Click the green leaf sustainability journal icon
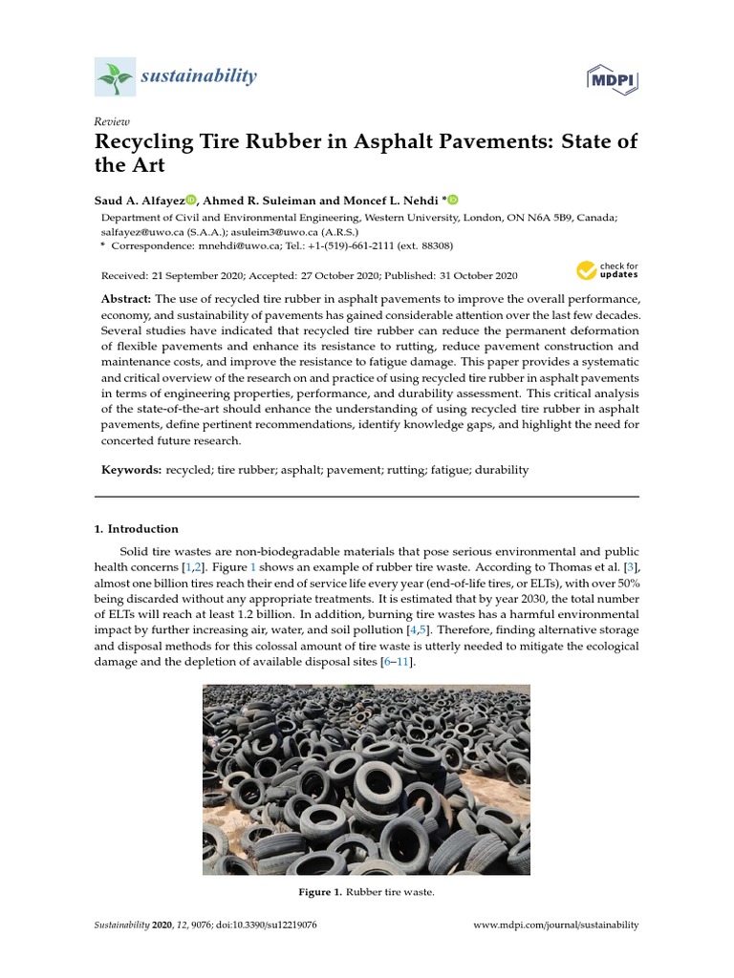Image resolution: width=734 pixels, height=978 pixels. (115, 76)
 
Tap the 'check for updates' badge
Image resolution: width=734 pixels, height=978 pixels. (607, 271)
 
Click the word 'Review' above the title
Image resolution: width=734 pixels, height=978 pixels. (112, 122)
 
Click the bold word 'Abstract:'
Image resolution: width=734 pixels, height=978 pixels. (130, 300)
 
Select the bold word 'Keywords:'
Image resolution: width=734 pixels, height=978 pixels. (132, 470)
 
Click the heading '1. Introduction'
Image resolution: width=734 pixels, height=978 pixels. (136, 528)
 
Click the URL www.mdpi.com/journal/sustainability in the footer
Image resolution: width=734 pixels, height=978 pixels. (556, 925)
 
